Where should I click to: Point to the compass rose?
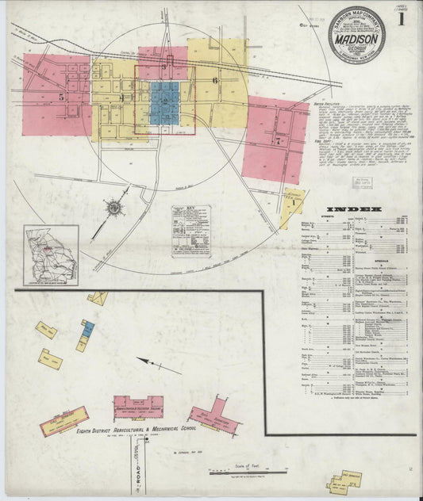pos(113,208)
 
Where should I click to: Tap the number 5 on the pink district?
pos(60,96)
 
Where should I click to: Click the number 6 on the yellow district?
pos(214,80)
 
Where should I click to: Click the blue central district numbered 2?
pos(164,100)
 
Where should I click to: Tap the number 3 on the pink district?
pos(163,67)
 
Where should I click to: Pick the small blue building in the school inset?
pos(89,327)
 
